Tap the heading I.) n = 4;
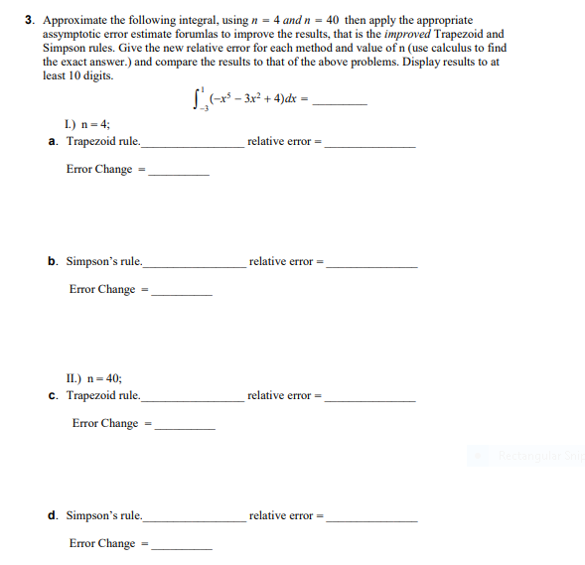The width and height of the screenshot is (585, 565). [x=78, y=124]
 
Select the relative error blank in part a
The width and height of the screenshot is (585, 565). [x=369, y=146]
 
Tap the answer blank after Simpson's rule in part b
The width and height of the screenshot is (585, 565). [x=194, y=266]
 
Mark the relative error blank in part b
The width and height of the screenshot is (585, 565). [x=371, y=266]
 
